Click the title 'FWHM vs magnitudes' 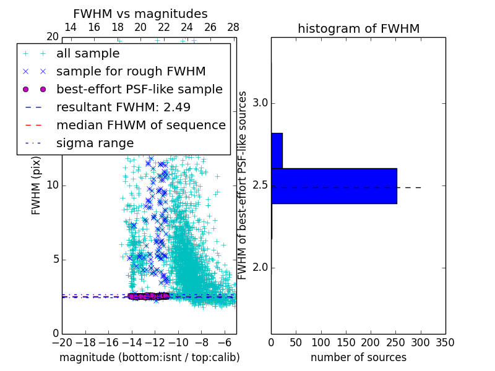140,14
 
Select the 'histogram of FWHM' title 358,28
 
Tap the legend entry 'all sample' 88,53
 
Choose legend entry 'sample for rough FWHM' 131,71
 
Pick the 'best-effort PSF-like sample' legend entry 139,89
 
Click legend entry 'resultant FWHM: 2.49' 123,107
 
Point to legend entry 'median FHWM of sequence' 140,125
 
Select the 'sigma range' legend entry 95,143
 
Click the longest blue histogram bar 334,185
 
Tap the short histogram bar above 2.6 277,150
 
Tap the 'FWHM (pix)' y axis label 37,185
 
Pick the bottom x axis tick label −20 62,343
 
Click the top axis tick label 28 233,27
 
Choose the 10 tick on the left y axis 53,185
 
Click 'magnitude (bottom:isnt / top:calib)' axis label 149,357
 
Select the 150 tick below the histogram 346,343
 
